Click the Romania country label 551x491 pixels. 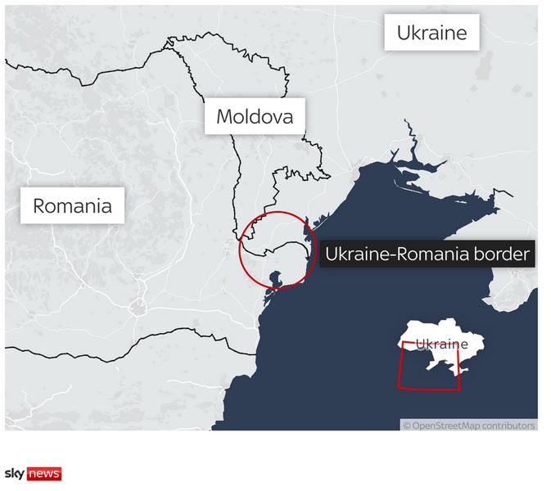pos(72,205)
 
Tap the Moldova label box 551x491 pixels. pos(254,117)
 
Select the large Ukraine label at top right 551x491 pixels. pos(431,33)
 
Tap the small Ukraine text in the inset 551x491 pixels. pos(441,345)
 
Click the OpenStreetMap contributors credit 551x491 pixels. pos(468,426)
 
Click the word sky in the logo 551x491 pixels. pos(15,474)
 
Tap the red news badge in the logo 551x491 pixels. pos(44,474)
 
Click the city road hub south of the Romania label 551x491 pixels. pos(137,308)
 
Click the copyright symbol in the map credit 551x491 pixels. pos(406,426)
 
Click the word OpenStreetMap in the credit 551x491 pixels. pos(443,426)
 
